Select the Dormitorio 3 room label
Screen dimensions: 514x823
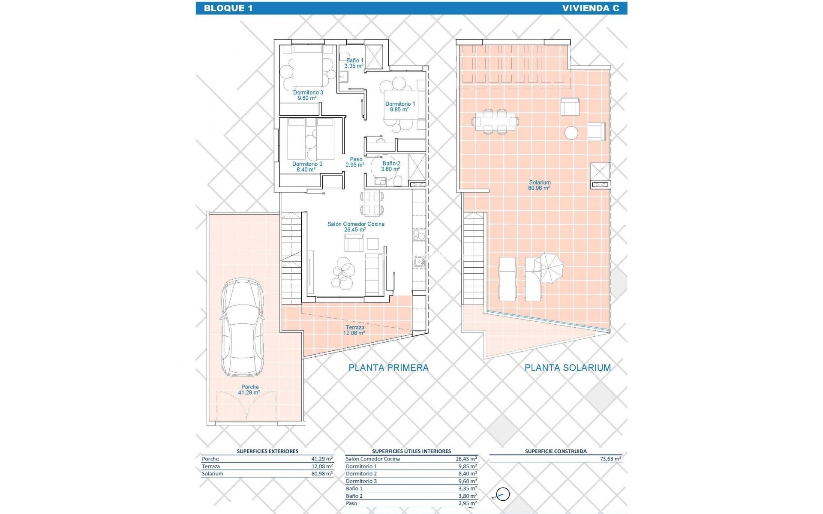click(x=308, y=95)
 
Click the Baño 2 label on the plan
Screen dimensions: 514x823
click(x=391, y=166)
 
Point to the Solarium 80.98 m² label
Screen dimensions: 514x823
click(x=540, y=185)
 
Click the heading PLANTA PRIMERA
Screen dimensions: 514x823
click(x=388, y=368)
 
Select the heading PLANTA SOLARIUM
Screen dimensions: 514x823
click(x=568, y=368)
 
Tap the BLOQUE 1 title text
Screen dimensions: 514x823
click(x=228, y=8)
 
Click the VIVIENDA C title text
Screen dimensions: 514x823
click(x=590, y=8)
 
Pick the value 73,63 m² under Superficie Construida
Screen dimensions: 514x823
click(x=610, y=459)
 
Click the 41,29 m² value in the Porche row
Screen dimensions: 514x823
click(x=322, y=459)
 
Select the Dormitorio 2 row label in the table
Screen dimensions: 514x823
click(x=361, y=474)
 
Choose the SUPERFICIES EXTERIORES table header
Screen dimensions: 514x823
click(x=267, y=451)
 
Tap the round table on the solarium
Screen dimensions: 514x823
click(x=571, y=133)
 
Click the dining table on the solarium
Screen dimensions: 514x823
click(x=495, y=122)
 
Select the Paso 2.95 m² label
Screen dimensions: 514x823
click(x=355, y=162)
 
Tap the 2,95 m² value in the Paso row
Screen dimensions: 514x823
click(x=467, y=503)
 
